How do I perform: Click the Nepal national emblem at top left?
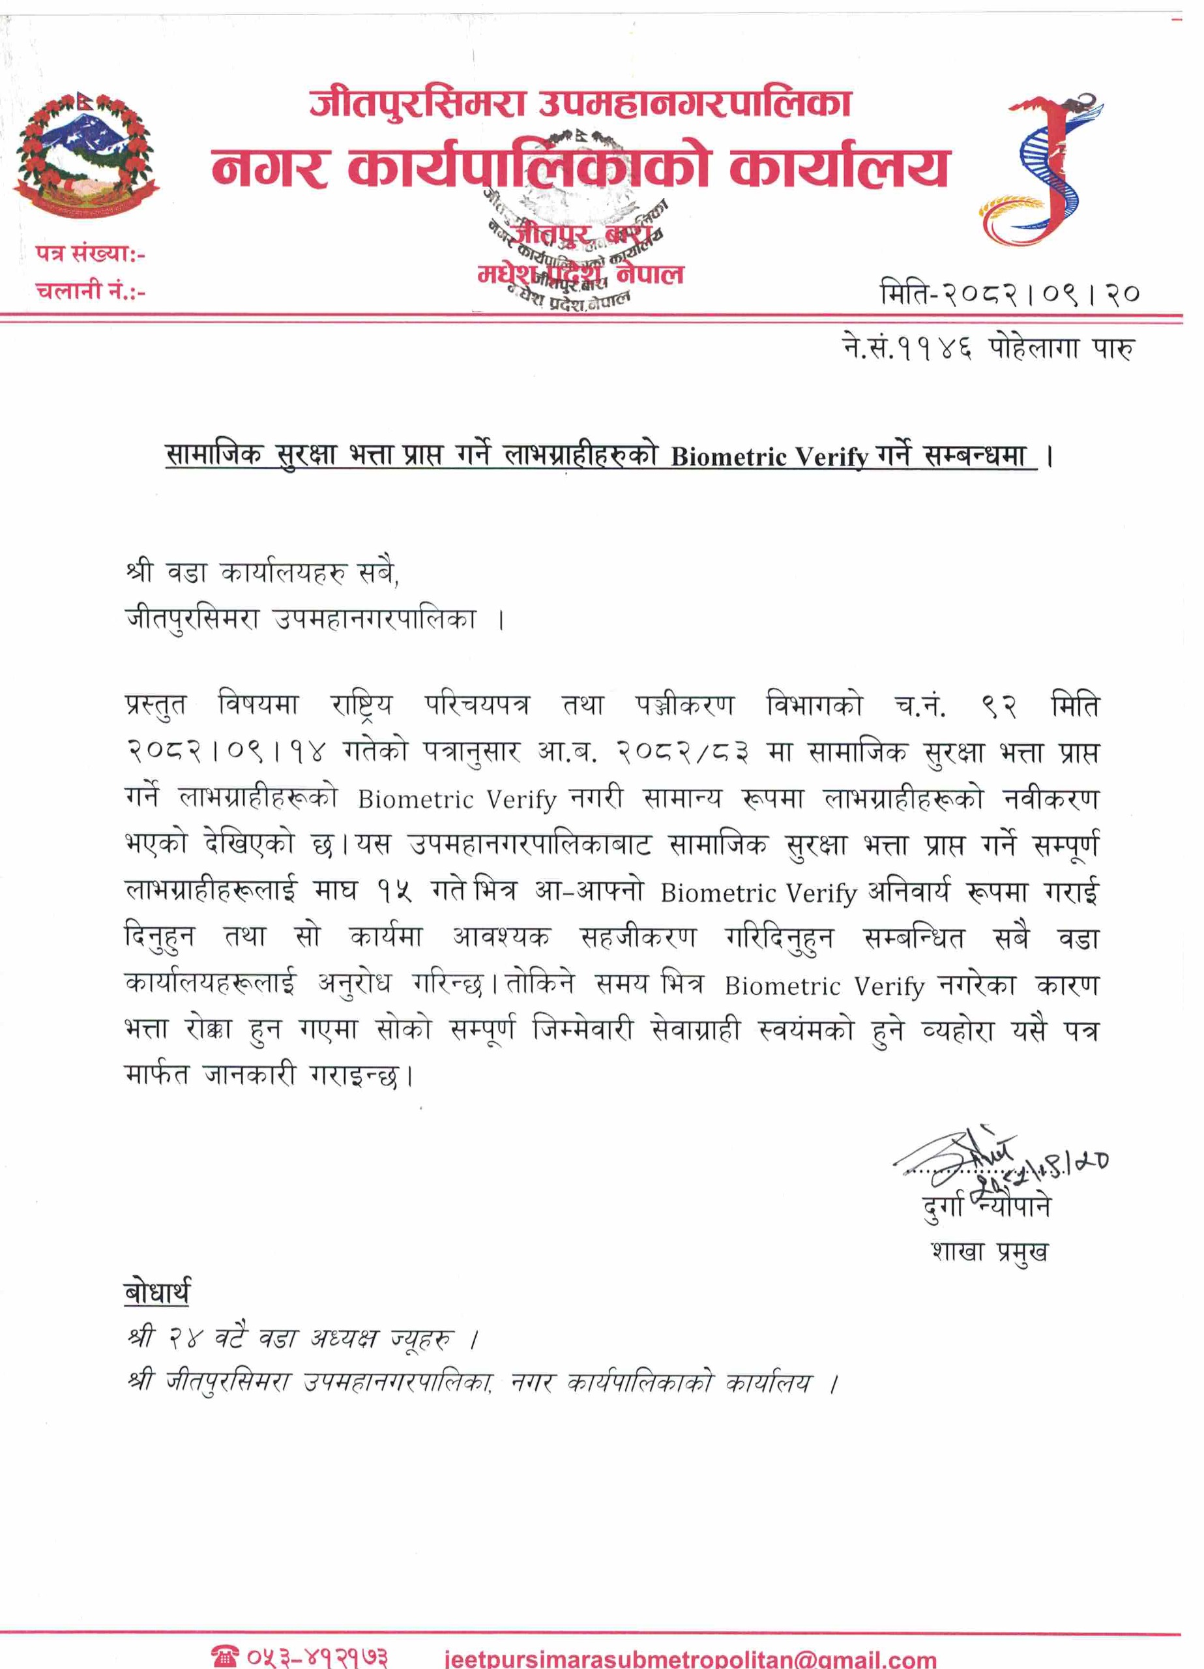click(x=87, y=155)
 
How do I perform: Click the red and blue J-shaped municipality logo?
click(x=1040, y=170)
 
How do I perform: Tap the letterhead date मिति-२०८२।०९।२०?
click(x=1010, y=293)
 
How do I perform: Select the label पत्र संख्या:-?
click(x=90, y=255)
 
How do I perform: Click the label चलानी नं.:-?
click(x=90, y=291)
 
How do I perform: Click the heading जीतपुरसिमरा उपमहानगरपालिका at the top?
click(x=580, y=103)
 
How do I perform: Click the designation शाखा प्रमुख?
click(x=989, y=1252)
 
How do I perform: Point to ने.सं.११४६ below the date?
click(x=907, y=348)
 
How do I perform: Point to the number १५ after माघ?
click(x=394, y=893)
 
